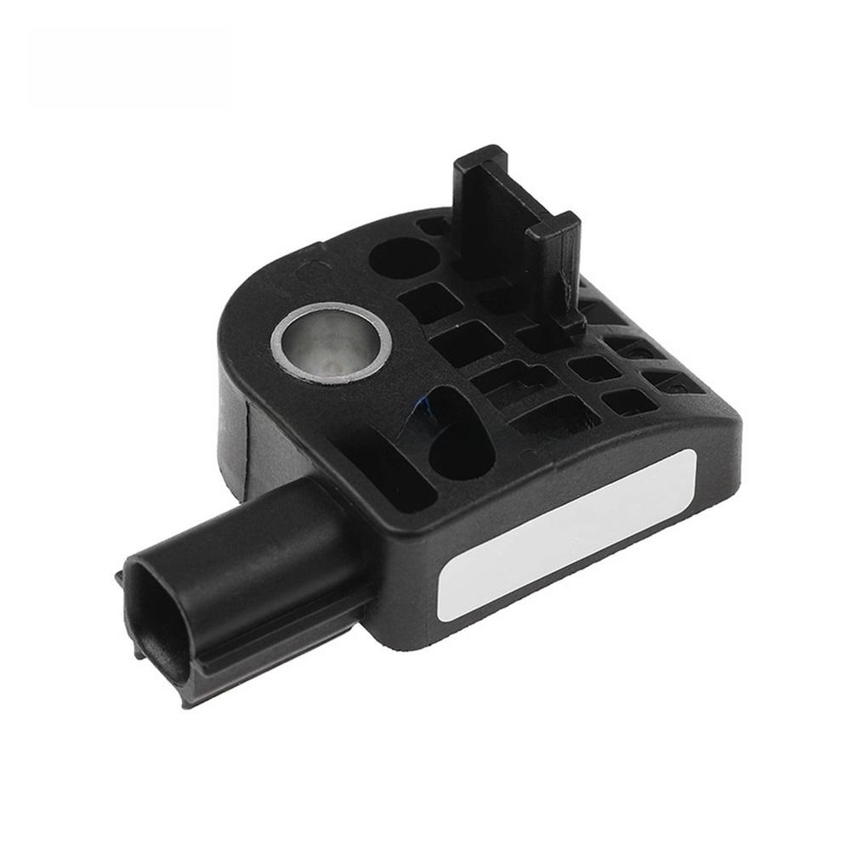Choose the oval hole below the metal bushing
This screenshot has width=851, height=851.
[x=459, y=434]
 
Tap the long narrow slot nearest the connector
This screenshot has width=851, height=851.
[x=400, y=472]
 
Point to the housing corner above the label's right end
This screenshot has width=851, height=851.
[x=723, y=417]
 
